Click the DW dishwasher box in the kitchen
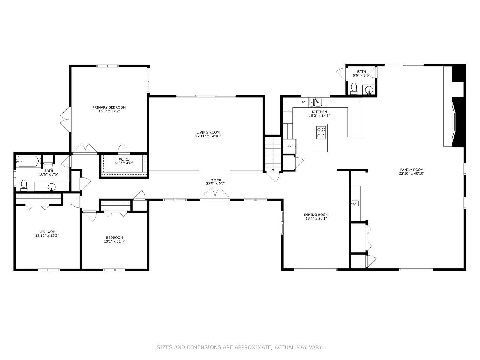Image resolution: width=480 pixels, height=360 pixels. pos(304,102)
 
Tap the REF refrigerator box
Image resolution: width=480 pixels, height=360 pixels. pos(289,146)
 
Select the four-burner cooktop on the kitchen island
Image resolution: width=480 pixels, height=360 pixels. pos(321,133)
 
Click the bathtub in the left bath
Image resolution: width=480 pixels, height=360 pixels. pos(28,161)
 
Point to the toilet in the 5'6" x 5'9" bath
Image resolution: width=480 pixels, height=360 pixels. pos(354,88)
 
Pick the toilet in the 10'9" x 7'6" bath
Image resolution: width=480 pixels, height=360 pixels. pos(24,186)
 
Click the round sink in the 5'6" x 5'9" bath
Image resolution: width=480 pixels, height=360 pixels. pos(369,90)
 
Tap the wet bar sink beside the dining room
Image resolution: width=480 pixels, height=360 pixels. pos(355,203)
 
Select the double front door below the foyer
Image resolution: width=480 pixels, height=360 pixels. pos(215,194)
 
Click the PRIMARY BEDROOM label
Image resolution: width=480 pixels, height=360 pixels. pos(109,107)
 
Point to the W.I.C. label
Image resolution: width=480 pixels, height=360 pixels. pos(124,159)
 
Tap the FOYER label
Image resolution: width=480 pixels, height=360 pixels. pos(216,180)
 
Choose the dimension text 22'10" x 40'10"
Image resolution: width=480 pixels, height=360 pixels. pos(412,173)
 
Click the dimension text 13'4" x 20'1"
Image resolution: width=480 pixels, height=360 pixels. pos(316,218)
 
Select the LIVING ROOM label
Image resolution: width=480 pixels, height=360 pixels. pos(208,132)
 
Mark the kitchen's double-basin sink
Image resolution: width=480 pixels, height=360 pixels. pos(316,102)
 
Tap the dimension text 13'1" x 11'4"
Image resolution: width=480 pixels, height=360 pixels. pos(115,241)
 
